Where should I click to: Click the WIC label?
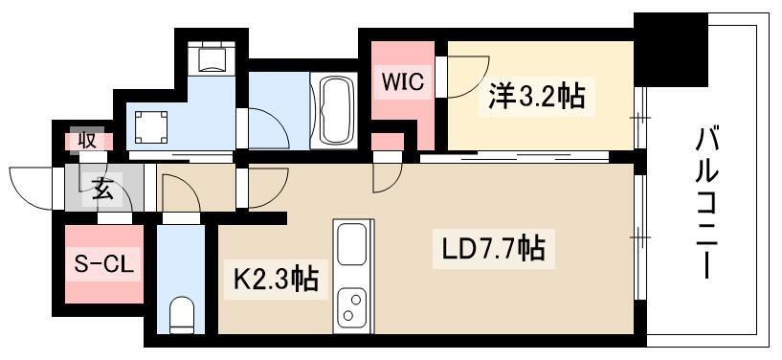click(x=403, y=81)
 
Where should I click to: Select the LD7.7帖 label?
click(x=493, y=248)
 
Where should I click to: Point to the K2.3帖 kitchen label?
click(x=276, y=280)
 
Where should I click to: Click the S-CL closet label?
click(x=103, y=264)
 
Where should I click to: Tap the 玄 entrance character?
click(x=102, y=191)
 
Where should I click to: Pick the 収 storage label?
click(x=87, y=141)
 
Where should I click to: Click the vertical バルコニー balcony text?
click(x=706, y=203)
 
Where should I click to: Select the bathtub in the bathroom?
click(x=333, y=110)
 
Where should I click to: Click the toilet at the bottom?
click(x=181, y=315)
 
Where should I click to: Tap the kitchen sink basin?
click(x=352, y=245)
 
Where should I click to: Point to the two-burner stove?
click(x=352, y=307)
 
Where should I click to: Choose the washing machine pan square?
click(x=150, y=126)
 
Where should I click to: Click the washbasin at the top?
click(x=212, y=57)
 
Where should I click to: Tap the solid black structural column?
click(x=671, y=49)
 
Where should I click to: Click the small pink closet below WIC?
click(x=387, y=142)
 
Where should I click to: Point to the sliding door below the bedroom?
click(x=514, y=158)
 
